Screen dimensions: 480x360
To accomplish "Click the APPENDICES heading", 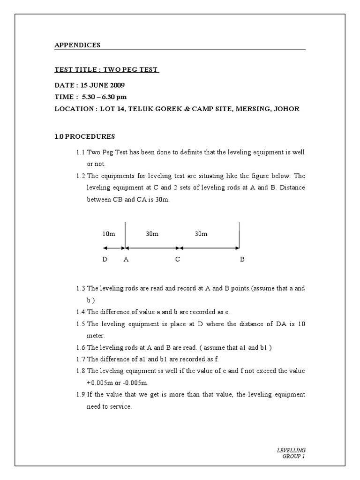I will point(77,45).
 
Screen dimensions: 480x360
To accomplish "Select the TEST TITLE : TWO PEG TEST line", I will point(107,70).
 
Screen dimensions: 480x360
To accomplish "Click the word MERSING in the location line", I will point(248,109).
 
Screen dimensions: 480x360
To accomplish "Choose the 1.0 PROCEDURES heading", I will point(85,136).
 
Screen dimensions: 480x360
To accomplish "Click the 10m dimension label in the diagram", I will point(108,234).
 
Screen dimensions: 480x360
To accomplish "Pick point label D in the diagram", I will point(105,259).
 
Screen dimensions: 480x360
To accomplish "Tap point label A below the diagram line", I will point(126,259).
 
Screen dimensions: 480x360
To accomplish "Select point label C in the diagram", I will point(178,259).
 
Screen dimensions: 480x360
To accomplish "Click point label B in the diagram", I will point(242,259).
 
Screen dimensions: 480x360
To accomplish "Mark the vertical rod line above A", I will point(125,233).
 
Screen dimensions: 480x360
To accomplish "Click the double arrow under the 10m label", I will point(113,248).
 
